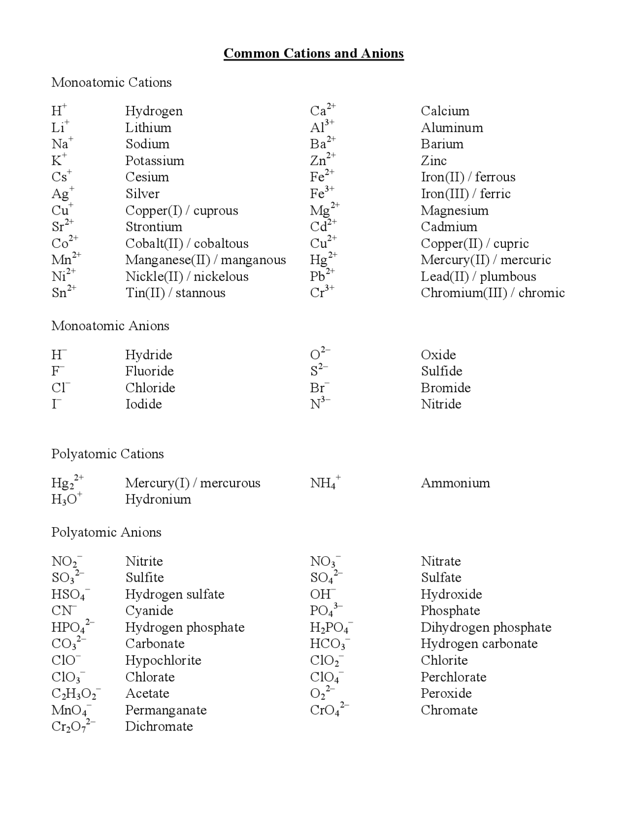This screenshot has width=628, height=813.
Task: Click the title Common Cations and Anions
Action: click(x=314, y=53)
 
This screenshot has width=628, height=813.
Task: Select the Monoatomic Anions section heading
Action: click(x=110, y=325)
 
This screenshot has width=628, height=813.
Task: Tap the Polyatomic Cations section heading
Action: click(x=107, y=454)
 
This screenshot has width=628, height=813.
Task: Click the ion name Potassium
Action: click(x=155, y=161)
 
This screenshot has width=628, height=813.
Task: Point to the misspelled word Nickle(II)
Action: click(x=154, y=276)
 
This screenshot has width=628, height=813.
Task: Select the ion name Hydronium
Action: click(x=158, y=499)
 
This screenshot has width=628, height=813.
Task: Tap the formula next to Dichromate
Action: click(x=73, y=727)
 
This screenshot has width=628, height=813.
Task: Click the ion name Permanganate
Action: click(x=166, y=710)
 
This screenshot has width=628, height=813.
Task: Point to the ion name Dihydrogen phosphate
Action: click(x=486, y=627)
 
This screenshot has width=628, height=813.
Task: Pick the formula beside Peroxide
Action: click(x=322, y=694)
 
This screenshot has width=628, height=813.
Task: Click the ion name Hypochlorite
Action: click(x=163, y=660)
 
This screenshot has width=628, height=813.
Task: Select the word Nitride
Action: click(x=441, y=404)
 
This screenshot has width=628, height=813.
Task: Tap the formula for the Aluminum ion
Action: click(x=321, y=127)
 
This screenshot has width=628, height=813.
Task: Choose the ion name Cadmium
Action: click(x=448, y=227)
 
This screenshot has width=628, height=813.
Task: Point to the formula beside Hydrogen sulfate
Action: click(x=70, y=595)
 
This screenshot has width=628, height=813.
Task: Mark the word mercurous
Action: click(x=230, y=483)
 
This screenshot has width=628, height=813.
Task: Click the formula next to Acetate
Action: click(x=76, y=694)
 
